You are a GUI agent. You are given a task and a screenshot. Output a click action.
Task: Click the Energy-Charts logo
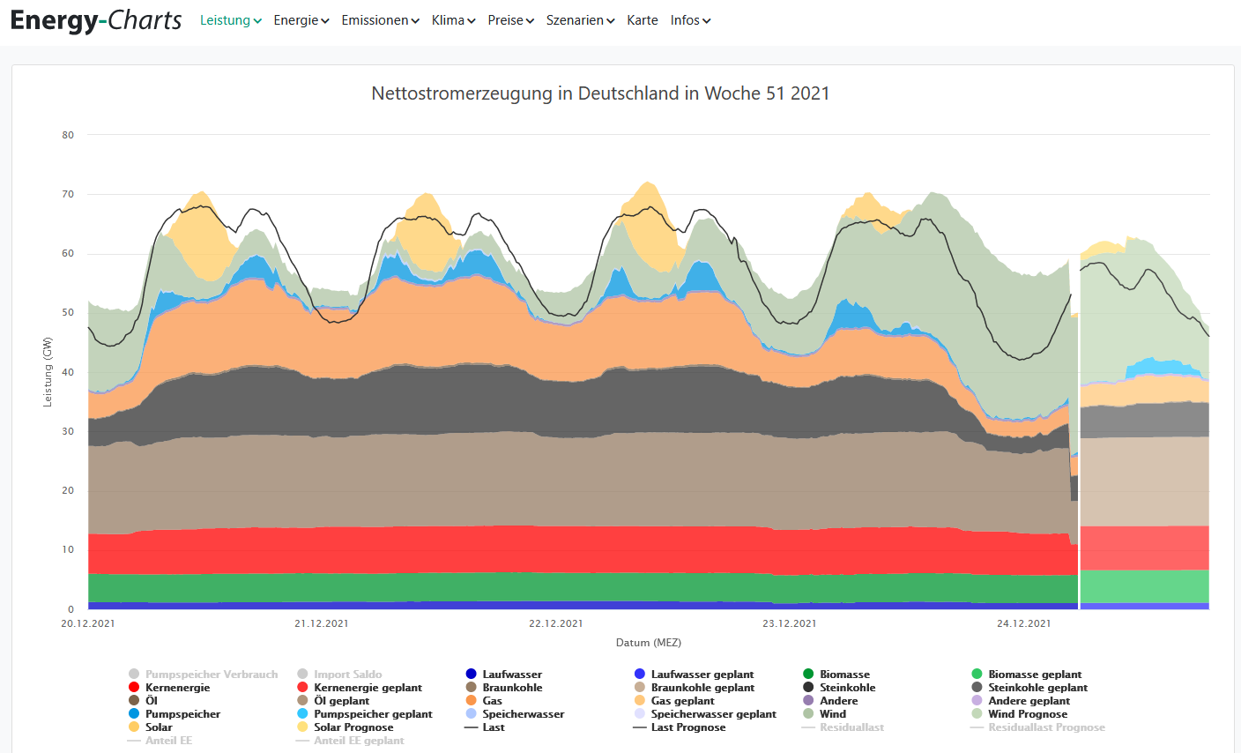96,20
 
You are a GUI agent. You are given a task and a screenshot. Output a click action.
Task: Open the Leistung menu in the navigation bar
230,20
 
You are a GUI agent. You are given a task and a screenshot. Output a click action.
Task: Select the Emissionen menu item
380,20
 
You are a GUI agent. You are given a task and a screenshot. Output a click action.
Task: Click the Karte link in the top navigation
643,20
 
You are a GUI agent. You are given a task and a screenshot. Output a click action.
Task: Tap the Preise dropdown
510,20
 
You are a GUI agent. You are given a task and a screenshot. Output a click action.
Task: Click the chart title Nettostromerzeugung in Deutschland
600,93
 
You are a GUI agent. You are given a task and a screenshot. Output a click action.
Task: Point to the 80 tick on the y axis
68,135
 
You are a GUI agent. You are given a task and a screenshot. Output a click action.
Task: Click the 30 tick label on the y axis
68,431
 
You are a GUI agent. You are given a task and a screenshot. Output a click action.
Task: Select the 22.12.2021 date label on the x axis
555,623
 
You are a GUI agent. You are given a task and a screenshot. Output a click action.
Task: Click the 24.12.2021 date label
1023,623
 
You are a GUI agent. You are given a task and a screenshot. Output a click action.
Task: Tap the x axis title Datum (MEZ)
648,643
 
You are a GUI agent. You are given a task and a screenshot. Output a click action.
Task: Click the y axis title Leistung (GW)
48,372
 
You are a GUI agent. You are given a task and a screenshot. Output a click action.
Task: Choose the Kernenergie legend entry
177,688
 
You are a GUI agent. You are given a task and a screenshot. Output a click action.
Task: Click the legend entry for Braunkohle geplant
702,688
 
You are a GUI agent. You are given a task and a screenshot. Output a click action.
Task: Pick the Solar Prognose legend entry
353,727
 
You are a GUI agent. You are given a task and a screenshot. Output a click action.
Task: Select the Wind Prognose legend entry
1027,714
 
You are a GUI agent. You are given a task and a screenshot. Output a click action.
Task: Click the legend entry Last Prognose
687,727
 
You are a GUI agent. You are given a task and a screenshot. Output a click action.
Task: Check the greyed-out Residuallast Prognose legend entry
1046,727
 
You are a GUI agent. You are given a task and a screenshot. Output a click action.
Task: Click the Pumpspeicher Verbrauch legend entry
211,675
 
